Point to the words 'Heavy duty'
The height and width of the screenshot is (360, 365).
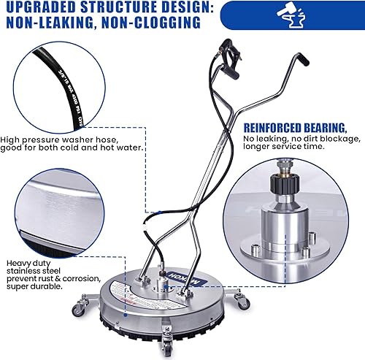point(25,262)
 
